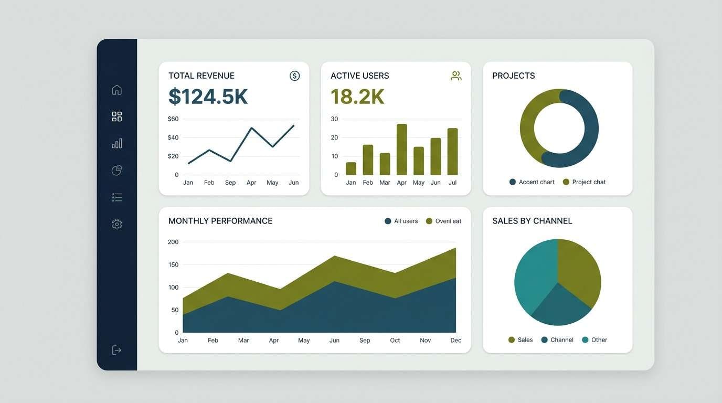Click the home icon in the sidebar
tap(116, 90)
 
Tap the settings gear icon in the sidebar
tap(116, 224)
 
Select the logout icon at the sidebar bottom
tap(116, 350)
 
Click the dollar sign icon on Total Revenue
tap(294, 76)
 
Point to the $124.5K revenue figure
tap(208, 97)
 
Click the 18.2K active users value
tap(357, 97)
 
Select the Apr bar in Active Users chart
tap(402, 150)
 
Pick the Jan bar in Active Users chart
tap(351, 168)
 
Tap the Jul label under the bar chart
tap(452, 183)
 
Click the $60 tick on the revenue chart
tap(173, 119)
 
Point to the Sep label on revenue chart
tap(230, 183)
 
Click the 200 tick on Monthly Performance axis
tap(173, 242)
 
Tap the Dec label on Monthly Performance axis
tap(455, 341)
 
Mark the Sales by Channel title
tap(532, 221)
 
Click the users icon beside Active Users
tap(456, 76)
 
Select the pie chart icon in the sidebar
tap(116, 170)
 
